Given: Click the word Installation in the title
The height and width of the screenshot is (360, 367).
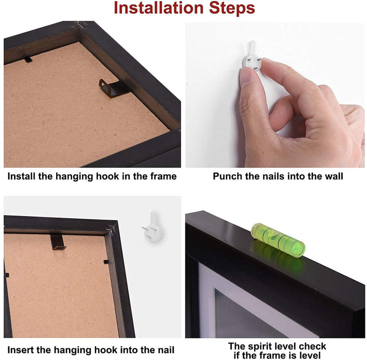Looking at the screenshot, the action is pyautogui.click(x=159, y=8).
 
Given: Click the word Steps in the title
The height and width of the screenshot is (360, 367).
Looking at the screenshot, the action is pyautogui.click(x=232, y=8).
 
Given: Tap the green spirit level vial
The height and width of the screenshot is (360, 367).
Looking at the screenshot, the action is pyautogui.click(x=278, y=240).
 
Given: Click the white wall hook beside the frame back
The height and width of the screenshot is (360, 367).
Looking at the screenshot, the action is pyautogui.click(x=153, y=227).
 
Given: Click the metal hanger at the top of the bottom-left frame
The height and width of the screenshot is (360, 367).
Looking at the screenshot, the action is pyautogui.click(x=58, y=242).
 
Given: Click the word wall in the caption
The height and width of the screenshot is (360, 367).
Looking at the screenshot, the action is pyautogui.click(x=334, y=176).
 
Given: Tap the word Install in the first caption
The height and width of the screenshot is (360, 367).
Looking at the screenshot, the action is pyautogui.click(x=21, y=176).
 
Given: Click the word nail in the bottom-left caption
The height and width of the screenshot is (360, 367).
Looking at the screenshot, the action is pyautogui.click(x=166, y=350).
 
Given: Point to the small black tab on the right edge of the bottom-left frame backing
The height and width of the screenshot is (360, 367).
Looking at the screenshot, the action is pyautogui.click(x=106, y=262).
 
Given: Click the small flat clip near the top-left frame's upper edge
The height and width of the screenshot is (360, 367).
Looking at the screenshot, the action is pyautogui.click(x=28, y=60).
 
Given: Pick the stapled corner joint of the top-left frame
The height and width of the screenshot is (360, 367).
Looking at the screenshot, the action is pyautogui.click(x=80, y=25).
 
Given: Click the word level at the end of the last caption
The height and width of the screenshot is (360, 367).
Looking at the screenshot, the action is pyautogui.click(x=310, y=355).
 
